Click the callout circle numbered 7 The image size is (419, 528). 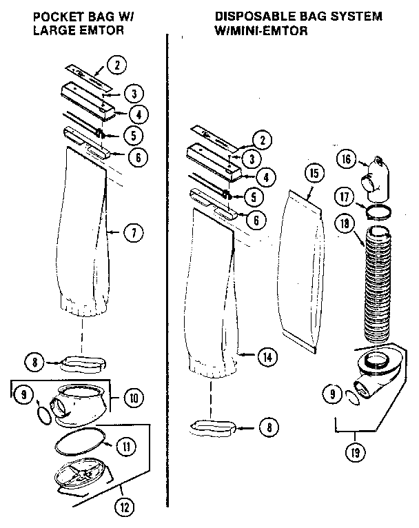pyautogui.click(x=132, y=232)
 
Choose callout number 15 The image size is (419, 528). pyautogui.click(x=314, y=173)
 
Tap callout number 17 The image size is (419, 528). pyautogui.click(x=346, y=196)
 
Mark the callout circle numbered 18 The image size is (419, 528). pyautogui.click(x=346, y=223)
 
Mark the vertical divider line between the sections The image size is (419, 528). pyautogui.click(x=168, y=276)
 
